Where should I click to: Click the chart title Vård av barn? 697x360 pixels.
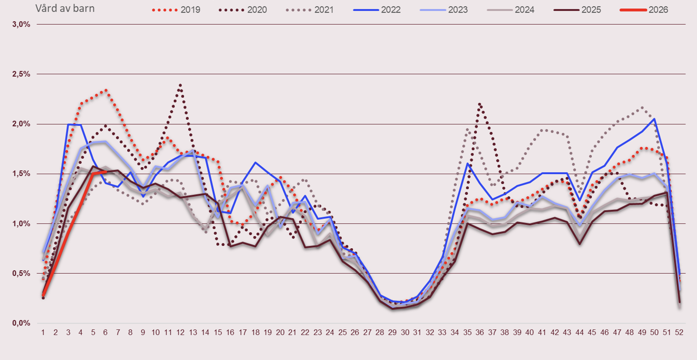tap(65, 9)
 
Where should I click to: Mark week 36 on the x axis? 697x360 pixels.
tap(480, 333)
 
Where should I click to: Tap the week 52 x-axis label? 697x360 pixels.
tap(679, 333)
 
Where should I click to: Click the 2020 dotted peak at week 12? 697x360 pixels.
tap(180, 84)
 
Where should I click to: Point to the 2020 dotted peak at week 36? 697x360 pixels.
tap(480, 104)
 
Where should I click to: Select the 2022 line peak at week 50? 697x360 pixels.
tap(654, 119)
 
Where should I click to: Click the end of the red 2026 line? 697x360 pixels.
tap(106, 171)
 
